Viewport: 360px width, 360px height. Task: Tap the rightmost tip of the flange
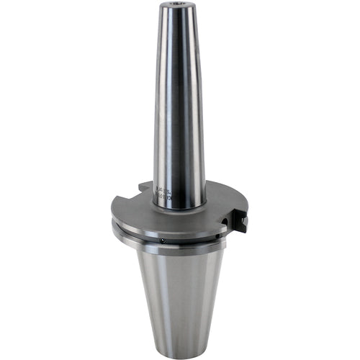(246, 220)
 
